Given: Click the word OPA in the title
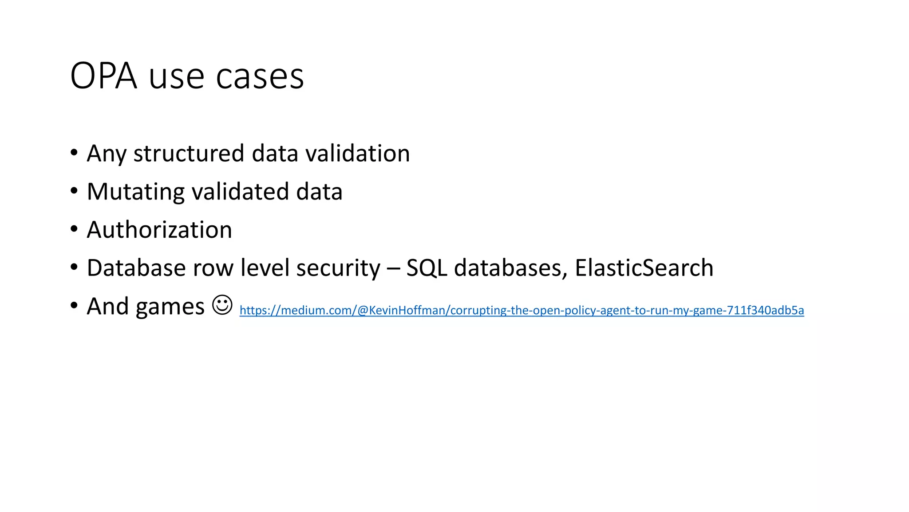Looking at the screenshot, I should [103, 76].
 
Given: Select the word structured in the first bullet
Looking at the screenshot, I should [189, 153].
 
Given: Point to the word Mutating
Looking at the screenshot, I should [135, 192].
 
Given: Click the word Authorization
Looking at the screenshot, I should [159, 230].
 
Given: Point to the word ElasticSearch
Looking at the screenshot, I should [644, 268].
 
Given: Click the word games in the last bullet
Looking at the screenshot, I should [170, 307].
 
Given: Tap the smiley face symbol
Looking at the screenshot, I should [222, 305].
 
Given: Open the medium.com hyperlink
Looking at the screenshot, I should [522, 310].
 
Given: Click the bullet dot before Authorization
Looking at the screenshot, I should [74, 229].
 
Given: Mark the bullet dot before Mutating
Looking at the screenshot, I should [74, 191].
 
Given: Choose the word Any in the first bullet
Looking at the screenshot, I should [107, 154].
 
